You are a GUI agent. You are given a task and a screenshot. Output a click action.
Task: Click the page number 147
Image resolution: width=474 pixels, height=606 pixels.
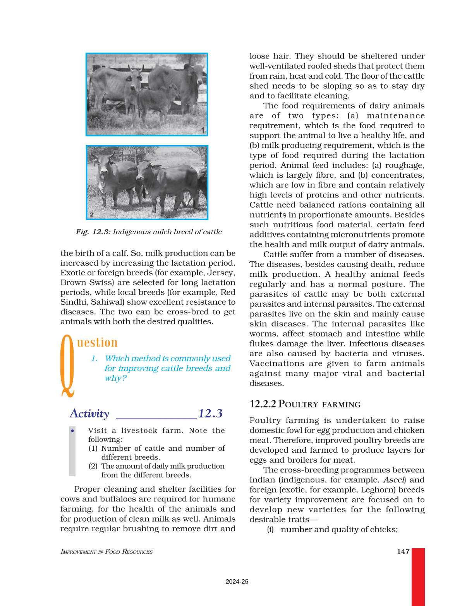(x=403, y=551)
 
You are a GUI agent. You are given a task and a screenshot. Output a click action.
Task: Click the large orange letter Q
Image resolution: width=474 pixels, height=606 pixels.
(x=67, y=366)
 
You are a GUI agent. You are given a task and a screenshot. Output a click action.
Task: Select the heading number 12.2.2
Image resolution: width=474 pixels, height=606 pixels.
(x=263, y=404)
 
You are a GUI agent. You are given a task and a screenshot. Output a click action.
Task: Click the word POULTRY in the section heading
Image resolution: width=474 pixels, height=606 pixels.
(x=298, y=404)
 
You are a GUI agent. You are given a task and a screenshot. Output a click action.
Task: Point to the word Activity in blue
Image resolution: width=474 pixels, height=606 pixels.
(x=89, y=414)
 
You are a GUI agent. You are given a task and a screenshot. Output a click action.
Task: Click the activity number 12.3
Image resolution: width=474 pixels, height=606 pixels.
(x=210, y=414)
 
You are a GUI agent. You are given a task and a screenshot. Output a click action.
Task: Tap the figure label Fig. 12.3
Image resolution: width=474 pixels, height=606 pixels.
(x=93, y=232)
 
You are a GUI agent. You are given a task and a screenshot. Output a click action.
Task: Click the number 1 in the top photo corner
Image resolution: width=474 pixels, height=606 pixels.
(x=203, y=130)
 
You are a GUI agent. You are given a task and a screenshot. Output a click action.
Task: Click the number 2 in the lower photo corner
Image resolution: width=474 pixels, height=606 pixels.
(x=91, y=215)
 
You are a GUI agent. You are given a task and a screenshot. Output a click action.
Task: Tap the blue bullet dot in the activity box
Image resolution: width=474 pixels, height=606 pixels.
(x=72, y=431)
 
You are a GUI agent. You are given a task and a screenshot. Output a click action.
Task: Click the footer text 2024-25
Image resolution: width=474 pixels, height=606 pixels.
(x=237, y=582)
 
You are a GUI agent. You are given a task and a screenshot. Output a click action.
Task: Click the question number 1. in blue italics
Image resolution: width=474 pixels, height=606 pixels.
(x=94, y=359)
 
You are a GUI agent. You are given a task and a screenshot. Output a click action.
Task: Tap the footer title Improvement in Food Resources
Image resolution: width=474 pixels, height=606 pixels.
(x=106, y=552)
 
